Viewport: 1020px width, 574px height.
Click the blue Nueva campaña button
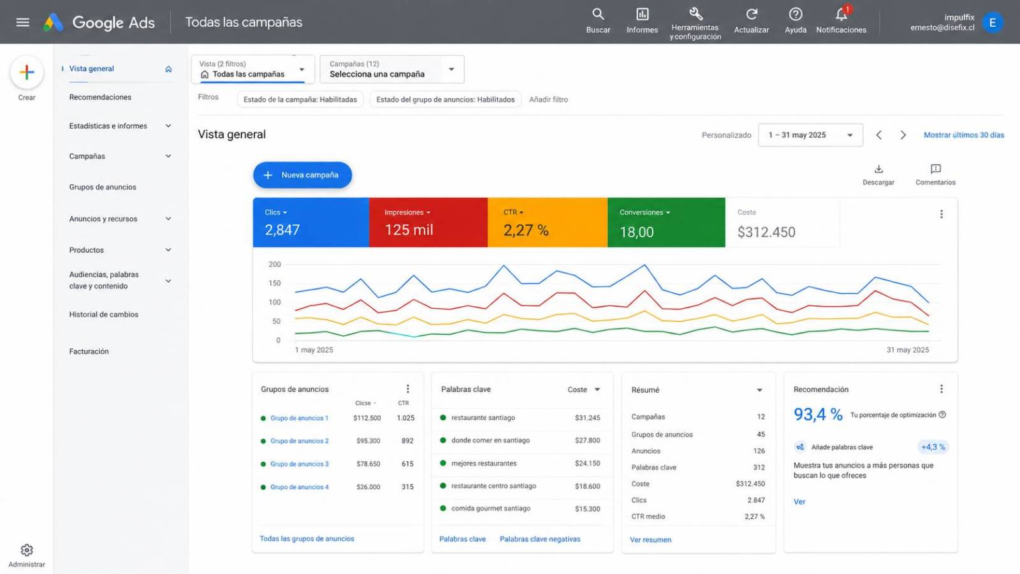(x=302, y=175)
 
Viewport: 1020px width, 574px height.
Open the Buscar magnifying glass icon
(x=598, y=14)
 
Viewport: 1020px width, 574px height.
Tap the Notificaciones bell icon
(x=841, y=15)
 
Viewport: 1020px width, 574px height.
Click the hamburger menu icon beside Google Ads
(x=23, y=22)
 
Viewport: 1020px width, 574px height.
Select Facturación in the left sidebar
(x=89, y=351)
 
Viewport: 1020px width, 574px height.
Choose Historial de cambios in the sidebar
(x=104, y=314)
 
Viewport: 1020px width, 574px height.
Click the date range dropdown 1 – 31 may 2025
(x=810, y=135)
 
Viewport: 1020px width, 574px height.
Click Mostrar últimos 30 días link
(x=964, y=135)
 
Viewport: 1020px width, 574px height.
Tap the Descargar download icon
(x=878, y=169)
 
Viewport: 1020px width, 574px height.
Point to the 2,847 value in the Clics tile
(x=282, y=230)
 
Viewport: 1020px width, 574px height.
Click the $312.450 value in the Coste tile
(x=766, y=232)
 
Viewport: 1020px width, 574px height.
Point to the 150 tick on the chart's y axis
(x=275, y=283)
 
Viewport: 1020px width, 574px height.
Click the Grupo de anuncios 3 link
(x=299, y=464)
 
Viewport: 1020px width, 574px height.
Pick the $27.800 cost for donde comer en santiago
(x=587, y=441)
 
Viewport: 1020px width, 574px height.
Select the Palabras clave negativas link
(x=540, y=539)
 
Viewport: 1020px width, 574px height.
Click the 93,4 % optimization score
(x=818, y=414)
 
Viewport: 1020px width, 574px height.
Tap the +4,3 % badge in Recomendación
(x=933, y=447)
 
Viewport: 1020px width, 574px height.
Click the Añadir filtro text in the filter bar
(x=548, y=99)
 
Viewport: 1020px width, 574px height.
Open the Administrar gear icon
(x=27, y=550)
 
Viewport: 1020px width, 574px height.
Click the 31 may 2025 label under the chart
(x=908, y=350)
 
